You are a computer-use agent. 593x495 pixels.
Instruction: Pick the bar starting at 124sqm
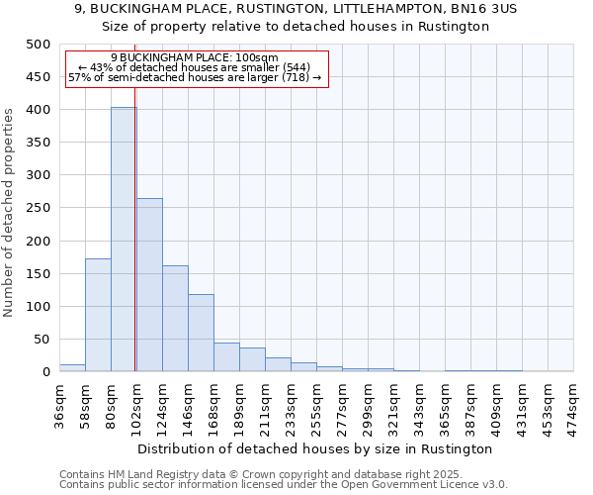[x=175, y=319]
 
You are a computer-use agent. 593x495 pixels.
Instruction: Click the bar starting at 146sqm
[x=201, y=333]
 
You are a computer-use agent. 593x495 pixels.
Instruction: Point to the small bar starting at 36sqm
[x=72, y=367]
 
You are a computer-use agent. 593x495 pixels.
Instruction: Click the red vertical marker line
[x=134, y=247]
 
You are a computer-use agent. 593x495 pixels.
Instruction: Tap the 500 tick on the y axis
[x=38, y=45]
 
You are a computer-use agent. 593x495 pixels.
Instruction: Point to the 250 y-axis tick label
[x=38, y=208]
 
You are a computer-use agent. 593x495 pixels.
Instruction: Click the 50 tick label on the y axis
[x=42, y=340]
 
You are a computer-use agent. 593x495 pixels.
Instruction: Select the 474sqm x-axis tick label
[x=574, y=405]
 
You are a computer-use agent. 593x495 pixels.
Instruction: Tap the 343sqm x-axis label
[x=420, y=405]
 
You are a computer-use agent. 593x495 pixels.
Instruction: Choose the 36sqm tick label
[x=60, y=405]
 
